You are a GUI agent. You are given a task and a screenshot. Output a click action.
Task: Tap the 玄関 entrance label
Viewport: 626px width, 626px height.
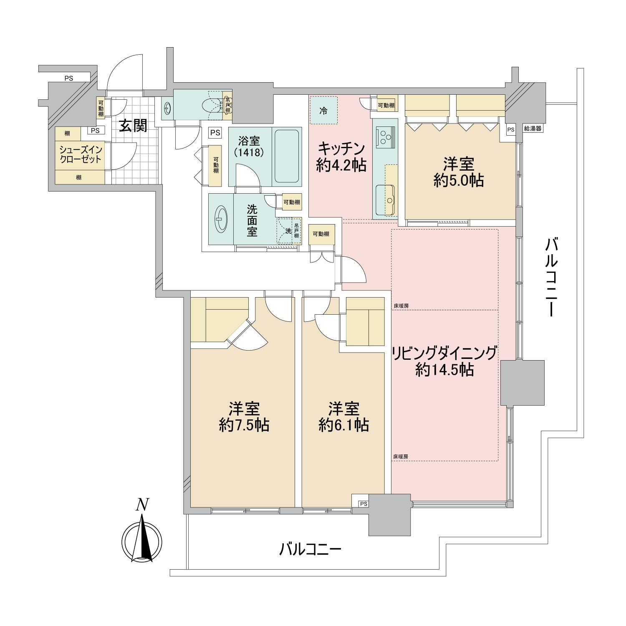(133, 125)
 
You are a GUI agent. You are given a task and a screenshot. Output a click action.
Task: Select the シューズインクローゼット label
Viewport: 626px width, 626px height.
(81, 154)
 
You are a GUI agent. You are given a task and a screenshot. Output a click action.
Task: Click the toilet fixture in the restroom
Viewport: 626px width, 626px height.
(210, 106)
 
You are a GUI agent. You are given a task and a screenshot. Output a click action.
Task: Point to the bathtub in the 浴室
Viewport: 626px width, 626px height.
(287, 156)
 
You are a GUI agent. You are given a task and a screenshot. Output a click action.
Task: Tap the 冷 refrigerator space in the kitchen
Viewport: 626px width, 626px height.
(324, 111)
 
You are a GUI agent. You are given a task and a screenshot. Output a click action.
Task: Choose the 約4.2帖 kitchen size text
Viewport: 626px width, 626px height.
(341, 165)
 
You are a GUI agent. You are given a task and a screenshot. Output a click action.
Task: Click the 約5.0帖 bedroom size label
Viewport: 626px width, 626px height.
(459, 181)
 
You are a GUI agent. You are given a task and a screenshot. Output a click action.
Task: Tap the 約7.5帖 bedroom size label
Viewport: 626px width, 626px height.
(244, 425)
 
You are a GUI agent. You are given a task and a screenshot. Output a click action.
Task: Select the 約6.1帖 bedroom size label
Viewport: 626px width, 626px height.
(343, 425)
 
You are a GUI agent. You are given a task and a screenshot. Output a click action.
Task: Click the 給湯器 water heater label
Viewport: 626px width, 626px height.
(533, 129)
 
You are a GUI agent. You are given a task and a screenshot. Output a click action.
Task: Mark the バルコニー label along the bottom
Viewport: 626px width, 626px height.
(310, 549)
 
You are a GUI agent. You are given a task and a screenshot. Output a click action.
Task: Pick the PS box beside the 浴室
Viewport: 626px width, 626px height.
(215, 133)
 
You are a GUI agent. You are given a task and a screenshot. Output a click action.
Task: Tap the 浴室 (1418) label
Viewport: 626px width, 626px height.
(250, 146)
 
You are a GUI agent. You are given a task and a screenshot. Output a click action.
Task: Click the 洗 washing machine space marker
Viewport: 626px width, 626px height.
(288, 230)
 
